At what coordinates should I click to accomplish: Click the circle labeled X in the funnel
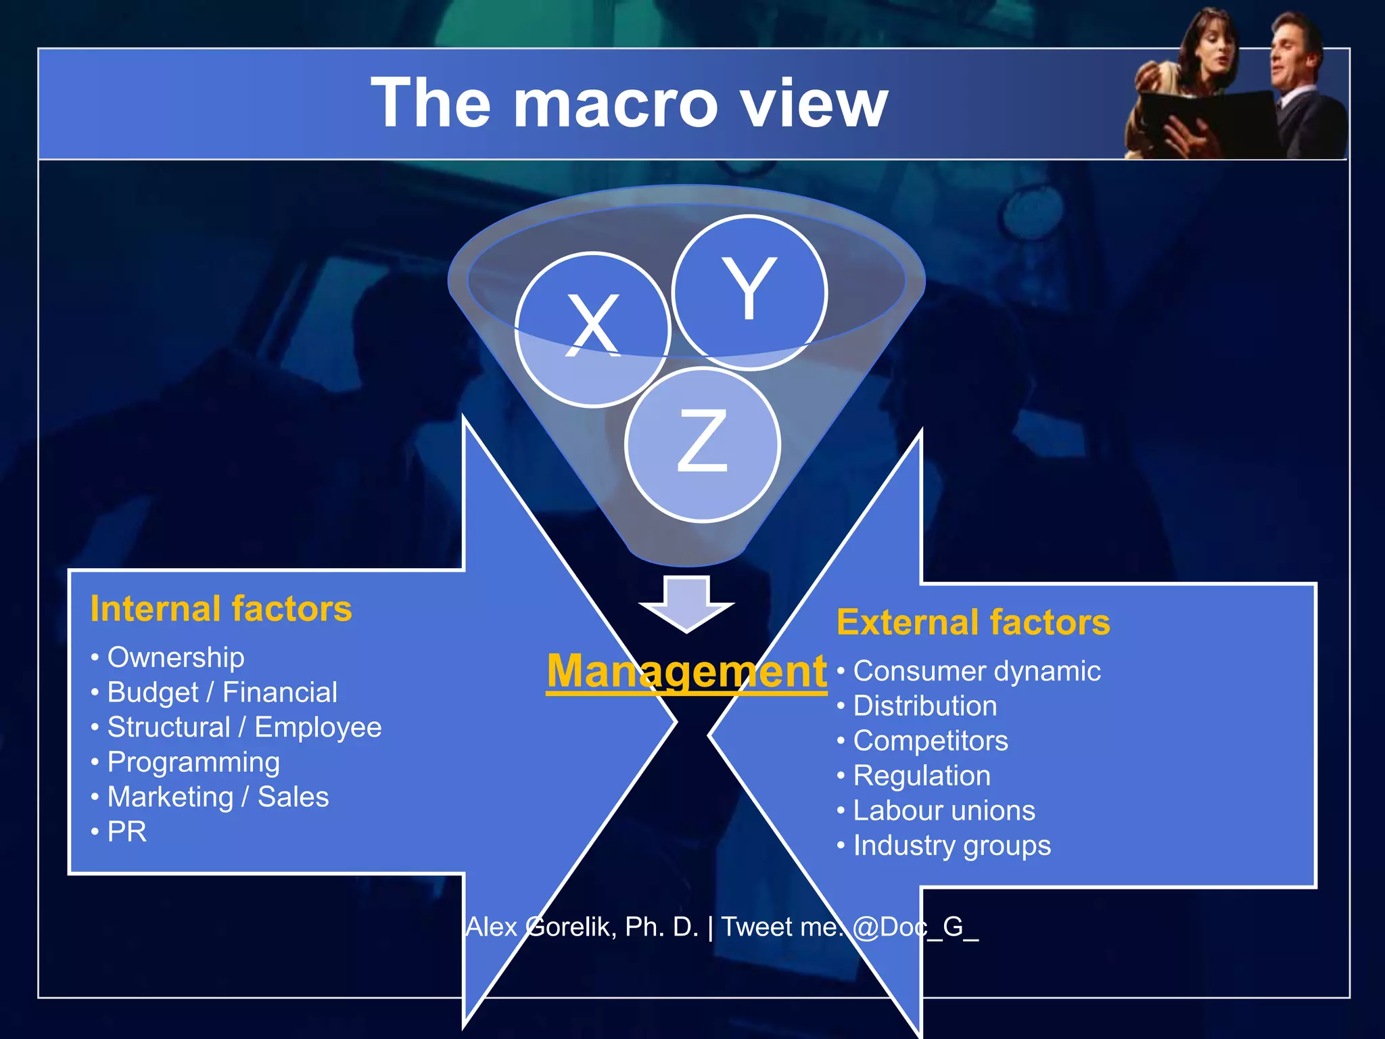point(592,329)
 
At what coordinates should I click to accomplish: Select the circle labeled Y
point(749,292)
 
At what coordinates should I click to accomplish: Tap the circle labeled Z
point(703,444)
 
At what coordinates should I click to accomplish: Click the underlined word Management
point(686,671)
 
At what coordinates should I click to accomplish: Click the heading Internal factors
point(221,609)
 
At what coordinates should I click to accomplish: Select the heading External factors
point(973,622)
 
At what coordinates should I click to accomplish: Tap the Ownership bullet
point(175,657)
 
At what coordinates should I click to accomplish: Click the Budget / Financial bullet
point(222,693)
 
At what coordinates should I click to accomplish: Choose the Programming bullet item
point(193,762)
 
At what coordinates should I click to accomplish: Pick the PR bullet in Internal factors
point(126,832)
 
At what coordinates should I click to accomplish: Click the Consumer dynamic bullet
point(977,671)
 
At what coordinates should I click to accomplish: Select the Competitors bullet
point(930,741)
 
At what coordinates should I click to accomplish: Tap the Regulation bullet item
point(921,776)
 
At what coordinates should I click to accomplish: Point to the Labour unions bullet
point(943,810)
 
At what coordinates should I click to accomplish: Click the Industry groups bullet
point(952,846)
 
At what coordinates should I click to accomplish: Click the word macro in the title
point(615,103)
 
